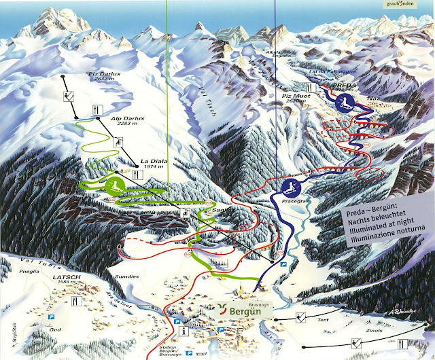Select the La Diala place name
pos(154,161)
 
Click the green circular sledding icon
pos(113,184)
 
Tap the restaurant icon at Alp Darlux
pos(100,107)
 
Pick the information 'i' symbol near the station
pos(186,331)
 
